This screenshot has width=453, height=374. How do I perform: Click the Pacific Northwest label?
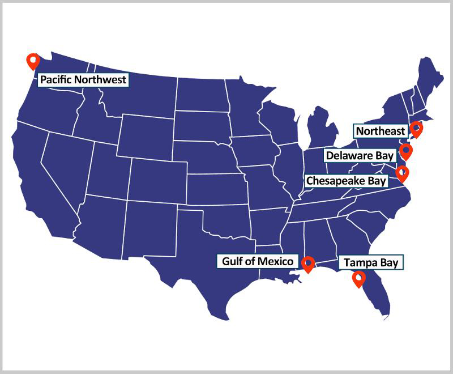pyautogui.click(x=83, y=79)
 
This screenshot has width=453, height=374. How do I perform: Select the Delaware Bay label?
pyautogui.click(x=360, y=155)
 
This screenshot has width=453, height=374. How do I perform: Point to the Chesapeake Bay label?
pyautogui.click(x=346, y=181)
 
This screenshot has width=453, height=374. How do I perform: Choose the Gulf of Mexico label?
pyautogui.click(x=258, y=261)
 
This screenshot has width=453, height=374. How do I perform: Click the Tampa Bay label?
pyautogui.click(x=371, y=263)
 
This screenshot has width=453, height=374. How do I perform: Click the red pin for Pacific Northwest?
pyautogui.click(x=33, y=61)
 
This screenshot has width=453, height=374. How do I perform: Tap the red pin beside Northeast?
pyautogui.click(x=417, y=129)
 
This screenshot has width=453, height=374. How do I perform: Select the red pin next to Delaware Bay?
pyautogui.click(x=405, y=151)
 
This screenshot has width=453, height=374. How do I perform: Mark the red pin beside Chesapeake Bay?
pyautogui.click(x=402, y=173)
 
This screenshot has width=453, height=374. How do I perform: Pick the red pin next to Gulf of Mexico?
pyautogui.click(x=307, y=264)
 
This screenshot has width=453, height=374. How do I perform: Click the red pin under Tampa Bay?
pyautogui.click(x=358, y=279)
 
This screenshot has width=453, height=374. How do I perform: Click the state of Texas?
pyautogui.click(x=204, y=266)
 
